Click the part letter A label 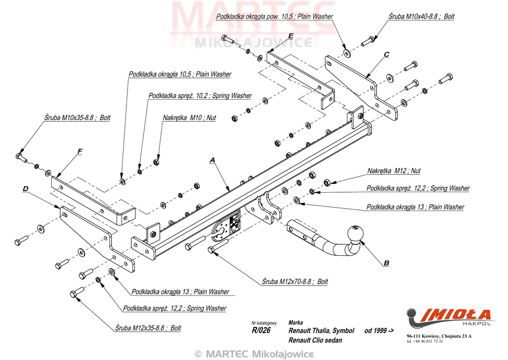tap(212, 160)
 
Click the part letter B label tap(387, 263)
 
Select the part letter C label tap(386, 54)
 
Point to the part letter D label tap(26, 189)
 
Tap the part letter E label tap(290, 36)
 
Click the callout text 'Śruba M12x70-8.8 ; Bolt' tap(295, 282)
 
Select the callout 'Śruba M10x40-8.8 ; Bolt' tap(421, 16)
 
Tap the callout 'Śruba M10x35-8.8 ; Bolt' tap(77, 118)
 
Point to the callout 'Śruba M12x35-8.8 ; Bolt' tap(148, 328)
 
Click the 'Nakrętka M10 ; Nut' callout tap(189, 118)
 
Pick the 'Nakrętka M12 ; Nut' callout tap(393, 171)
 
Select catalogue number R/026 tap(261, 331)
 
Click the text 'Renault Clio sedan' tap(315, 340)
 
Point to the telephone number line tap(425, 342)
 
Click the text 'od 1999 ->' tap(379, 331)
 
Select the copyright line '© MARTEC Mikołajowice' tap(254, 354)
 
